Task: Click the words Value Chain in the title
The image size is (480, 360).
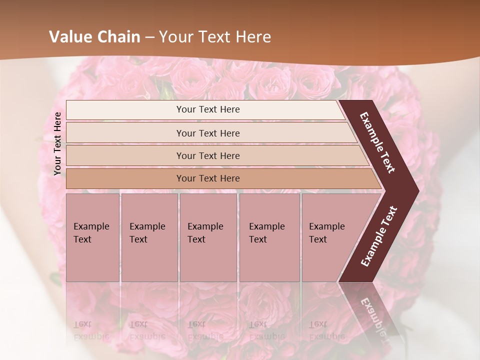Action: click(x=94, y=37)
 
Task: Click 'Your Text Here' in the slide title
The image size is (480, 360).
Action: click(x=215, y=37)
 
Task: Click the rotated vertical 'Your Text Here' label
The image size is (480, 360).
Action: click(x=57, y=143)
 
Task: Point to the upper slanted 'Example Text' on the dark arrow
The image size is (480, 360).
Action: click(x=377, y=142)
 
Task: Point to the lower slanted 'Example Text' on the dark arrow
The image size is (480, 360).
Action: click(x=379, y=236)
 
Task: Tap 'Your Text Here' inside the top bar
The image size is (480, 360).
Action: click(x=208, y=109)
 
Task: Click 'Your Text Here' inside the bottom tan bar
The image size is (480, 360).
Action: click(x=208, y=178)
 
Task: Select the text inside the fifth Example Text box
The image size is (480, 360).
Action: click(x=326, y=232)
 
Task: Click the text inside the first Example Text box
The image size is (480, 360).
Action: click(x=91, y=232)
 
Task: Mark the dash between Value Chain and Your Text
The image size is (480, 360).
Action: click(x=149, y=37)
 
